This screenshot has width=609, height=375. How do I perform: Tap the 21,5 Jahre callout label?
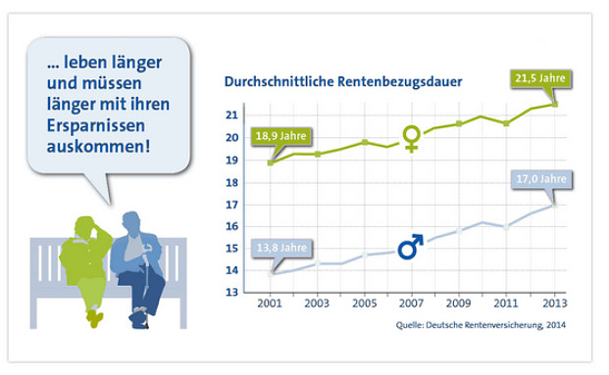click(541, 78)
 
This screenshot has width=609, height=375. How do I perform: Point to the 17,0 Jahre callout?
click(540, 179)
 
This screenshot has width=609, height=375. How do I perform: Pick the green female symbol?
click(412, 139)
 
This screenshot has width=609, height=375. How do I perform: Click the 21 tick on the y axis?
click(232, 115)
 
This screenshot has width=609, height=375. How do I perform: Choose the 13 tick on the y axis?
click(232, 294)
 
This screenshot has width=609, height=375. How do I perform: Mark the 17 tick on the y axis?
click(232, 205)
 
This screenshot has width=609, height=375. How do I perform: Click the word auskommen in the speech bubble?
click(99, 150)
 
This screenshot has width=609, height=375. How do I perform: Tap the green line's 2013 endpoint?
click(554, 104)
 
